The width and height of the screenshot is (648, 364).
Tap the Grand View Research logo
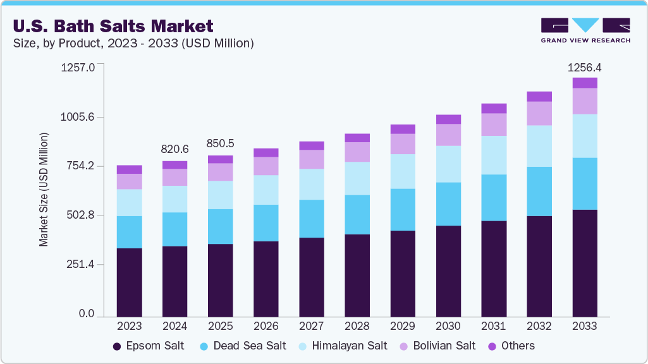[585, 30]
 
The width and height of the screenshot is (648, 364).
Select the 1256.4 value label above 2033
[585, 67]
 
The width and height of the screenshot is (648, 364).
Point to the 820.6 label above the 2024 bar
[174, 149]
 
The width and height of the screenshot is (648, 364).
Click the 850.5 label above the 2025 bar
[220, 143]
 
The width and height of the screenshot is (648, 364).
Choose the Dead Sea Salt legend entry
[242, 346]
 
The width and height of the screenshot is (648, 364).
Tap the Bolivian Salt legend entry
[440, 346]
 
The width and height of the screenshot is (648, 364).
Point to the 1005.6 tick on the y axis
[78, 117]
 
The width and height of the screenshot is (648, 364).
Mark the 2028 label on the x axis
[357, 326]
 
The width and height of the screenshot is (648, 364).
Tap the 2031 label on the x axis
[494, 326]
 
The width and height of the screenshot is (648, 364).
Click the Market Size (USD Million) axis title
[44, 190]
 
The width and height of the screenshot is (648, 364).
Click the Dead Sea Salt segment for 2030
[448, 204]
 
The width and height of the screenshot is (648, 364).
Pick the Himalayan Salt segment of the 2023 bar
[129, 202]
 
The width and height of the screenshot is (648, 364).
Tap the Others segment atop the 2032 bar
[539, 97]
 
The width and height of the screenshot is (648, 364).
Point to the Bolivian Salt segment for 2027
[312, 159]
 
